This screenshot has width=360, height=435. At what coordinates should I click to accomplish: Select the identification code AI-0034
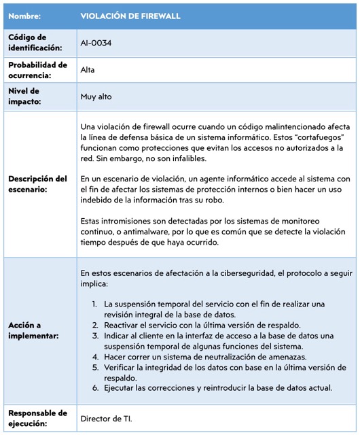[x=96, y=43]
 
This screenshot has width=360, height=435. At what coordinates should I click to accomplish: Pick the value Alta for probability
[x=88, y=70]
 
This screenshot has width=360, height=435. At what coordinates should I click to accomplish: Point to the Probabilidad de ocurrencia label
[x=37, y=70]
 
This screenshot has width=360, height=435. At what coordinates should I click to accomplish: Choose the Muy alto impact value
[x=96, y=97]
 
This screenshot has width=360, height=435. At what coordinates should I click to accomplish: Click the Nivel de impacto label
[x=24, y=97]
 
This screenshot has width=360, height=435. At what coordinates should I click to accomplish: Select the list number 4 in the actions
[x=96, y=357]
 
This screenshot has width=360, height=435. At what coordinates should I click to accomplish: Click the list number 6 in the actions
[x=96, y=388]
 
